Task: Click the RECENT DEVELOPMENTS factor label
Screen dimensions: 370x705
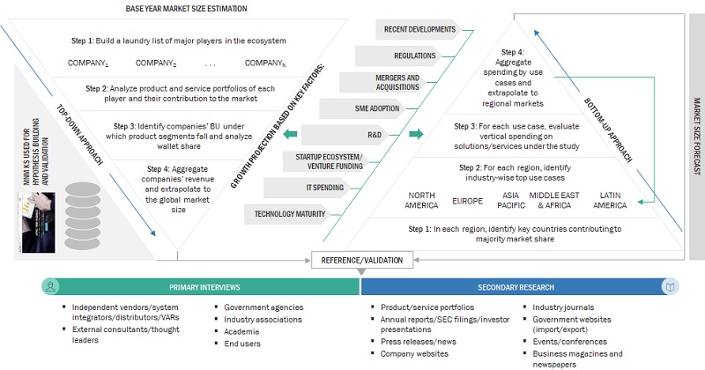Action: (x=419, y=29)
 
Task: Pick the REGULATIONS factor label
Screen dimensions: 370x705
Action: (x=415, y=55)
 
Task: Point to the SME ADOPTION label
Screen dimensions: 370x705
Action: (x=377, y=109)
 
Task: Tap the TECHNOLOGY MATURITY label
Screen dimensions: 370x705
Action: (x=289, y=214)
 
